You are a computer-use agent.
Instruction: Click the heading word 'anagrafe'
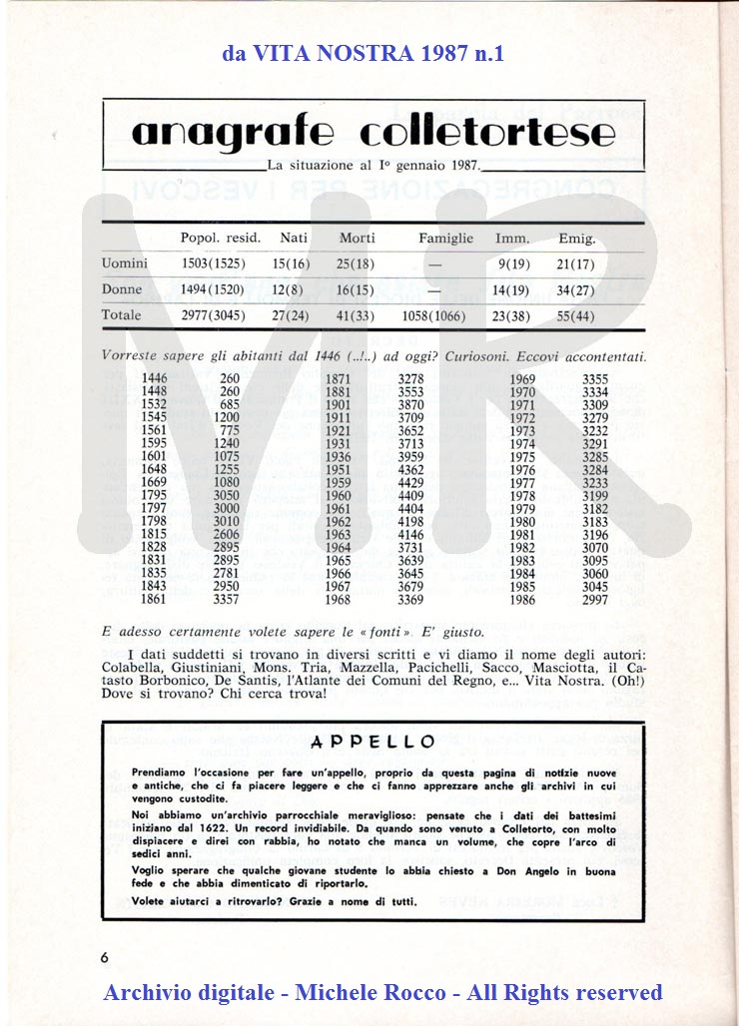click(238, 133)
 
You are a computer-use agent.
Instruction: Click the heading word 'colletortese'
click(486, 133)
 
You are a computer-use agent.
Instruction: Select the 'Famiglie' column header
click(445, 239)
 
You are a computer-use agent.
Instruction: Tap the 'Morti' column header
click(357, 239)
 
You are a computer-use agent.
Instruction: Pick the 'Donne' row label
click(122, 289)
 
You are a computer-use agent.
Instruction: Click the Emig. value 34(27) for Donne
click(576, 289)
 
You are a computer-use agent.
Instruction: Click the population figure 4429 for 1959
click(410, 483)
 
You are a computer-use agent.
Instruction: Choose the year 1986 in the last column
click(522, 599)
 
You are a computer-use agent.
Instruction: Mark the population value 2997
click(595, 599)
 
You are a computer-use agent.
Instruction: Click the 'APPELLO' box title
click(372, 742)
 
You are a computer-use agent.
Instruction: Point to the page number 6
click(104, 956)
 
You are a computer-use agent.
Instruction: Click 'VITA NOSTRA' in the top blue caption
click(330, 53)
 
